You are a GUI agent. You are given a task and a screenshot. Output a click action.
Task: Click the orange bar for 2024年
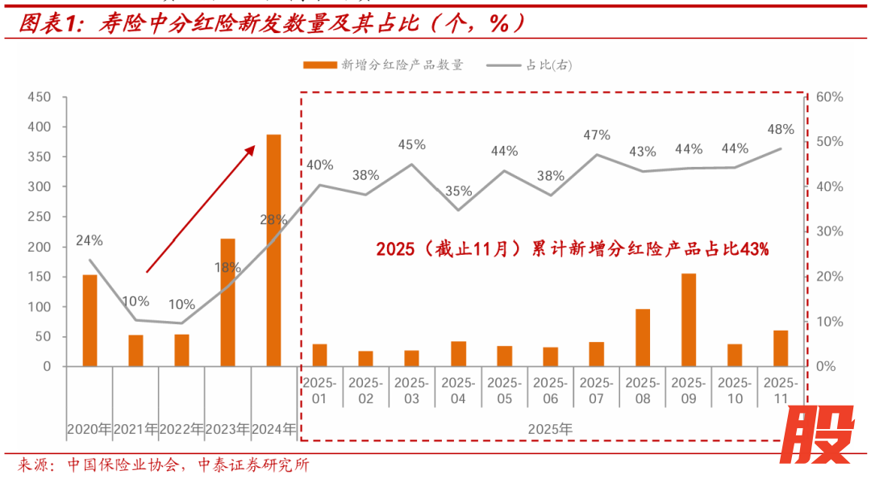[274, 250]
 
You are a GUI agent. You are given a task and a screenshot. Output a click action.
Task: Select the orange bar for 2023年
[228, 302]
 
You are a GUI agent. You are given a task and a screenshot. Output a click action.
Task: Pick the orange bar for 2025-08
[643, 337]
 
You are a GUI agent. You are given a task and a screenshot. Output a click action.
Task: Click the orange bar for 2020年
[90, 320]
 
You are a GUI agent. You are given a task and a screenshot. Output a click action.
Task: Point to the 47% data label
[597, 135]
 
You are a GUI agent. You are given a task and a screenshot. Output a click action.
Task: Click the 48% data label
[781, 129]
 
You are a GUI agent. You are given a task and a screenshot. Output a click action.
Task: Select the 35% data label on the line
[458, 191]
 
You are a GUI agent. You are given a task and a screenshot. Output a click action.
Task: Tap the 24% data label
[90, 240]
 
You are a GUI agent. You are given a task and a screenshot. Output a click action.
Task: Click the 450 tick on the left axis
[40, 98]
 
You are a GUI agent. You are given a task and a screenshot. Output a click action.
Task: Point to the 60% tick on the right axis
[829, 98]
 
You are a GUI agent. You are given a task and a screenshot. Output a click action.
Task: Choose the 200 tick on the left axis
[40, 247]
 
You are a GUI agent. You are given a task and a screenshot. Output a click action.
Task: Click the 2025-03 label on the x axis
[411, 389]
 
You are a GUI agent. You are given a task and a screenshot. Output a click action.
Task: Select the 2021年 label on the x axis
[135, 430]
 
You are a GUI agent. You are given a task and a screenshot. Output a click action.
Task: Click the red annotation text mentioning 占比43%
[572, 249]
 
